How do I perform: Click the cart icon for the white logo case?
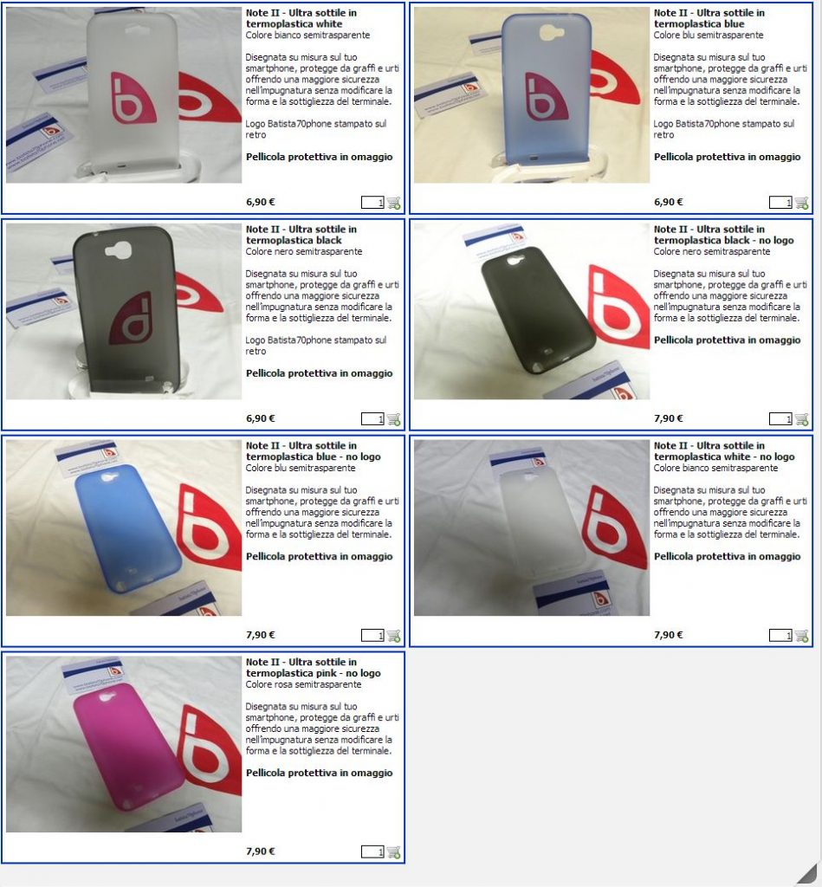click(x=394, y=203)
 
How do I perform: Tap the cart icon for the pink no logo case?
click(x=394, y=852)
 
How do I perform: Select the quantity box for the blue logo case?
click(x=780, y=203)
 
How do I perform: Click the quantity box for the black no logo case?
click(x=780, y=419)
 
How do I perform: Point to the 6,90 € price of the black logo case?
click(x=260, y=418)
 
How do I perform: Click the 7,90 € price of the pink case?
click(x=260, y=851)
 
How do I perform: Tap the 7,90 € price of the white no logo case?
click(x=668, y=635)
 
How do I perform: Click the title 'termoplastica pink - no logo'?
click(x=314, y=673)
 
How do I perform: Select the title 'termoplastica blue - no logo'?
click(x=314, y=456)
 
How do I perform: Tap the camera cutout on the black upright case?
click(x=119, y=249)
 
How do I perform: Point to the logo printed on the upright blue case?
click(x=545, y=97)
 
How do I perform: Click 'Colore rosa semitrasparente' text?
click(x=303, y=684)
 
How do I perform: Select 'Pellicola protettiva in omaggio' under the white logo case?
click(x=319, y=157)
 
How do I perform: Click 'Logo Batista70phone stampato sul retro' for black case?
click(x=315, y=346)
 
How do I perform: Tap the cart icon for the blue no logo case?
click(x=394, y=636)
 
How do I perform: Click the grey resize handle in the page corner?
click(x=808, y=874)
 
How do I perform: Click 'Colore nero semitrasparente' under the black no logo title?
click(x=712, y=252)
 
